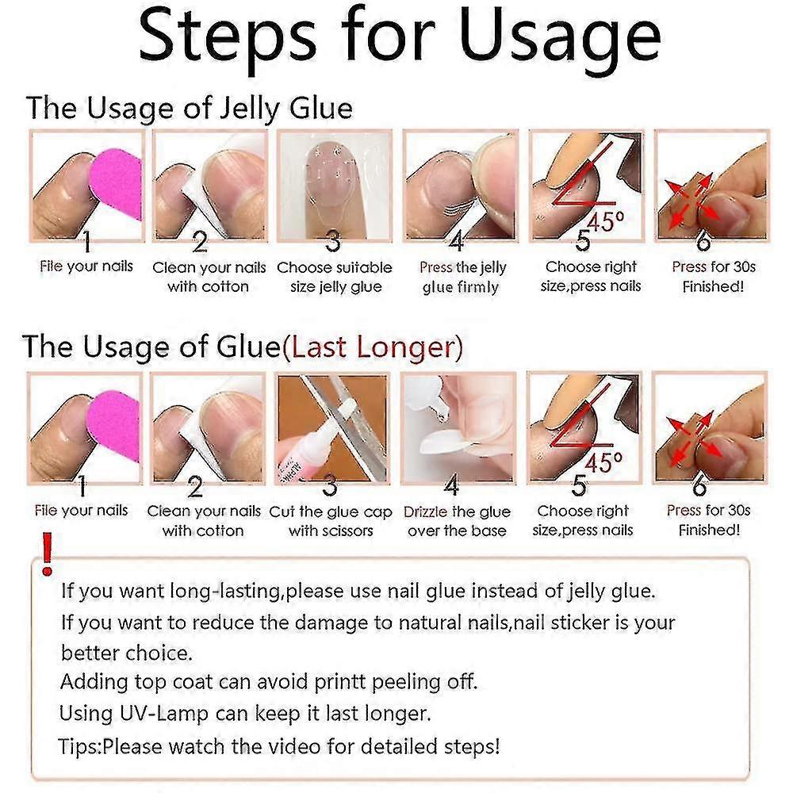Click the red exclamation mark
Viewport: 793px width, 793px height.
[47, 554]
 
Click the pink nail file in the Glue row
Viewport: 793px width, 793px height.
[113, 428]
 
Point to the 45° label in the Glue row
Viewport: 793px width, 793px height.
[603, 462]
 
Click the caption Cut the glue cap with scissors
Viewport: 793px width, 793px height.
[331, 521]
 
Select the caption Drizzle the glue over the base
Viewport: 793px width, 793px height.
[458, 521]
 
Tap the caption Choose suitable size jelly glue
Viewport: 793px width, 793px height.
[335, 277]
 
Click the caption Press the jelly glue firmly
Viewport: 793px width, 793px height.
[462, 277]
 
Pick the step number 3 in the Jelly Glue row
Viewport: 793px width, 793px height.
[332, 241]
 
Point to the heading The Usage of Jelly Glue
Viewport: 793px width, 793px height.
[190, 109]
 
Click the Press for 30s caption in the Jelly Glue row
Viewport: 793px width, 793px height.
[714, 266]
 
